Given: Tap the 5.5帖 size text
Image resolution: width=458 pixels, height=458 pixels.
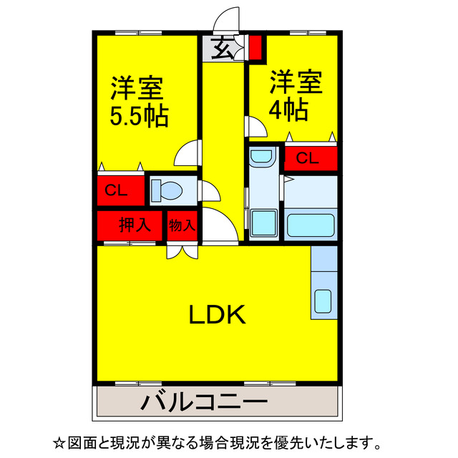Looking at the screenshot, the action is coord(139,114).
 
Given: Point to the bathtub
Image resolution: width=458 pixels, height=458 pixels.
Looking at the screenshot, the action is coord(311,226).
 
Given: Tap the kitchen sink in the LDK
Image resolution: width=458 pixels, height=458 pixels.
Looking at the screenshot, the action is coord(323,301).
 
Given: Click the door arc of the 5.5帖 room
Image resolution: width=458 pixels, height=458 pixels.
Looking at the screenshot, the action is coord(187,152).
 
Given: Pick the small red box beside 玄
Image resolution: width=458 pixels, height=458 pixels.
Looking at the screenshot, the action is coord(255,47).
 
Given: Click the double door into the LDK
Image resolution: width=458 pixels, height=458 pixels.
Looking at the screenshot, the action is coord(181,252).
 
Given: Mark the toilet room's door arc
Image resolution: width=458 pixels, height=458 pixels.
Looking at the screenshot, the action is coord(208,191).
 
